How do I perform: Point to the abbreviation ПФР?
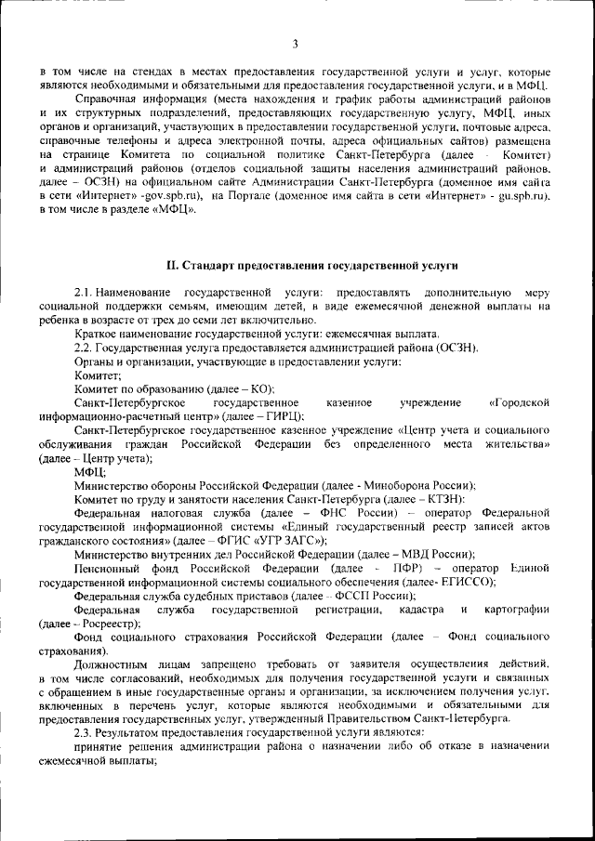403,568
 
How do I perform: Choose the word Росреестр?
109,624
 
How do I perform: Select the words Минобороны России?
429,485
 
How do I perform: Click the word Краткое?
99,334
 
